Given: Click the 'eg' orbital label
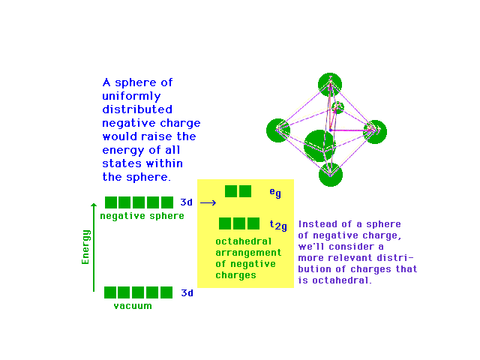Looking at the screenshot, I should click(275, 193).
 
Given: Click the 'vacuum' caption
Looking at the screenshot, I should click(133, 306).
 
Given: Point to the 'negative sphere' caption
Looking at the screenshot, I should click(142, 216).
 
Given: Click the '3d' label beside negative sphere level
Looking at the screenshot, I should click(187, 202).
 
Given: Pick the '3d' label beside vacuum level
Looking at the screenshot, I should click(187, 293).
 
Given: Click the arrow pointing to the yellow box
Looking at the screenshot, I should click(208, 202).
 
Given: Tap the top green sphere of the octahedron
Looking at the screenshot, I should click(329, 83).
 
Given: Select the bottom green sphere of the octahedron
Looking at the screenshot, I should click(330, 174).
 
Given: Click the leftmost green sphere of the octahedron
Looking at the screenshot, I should click(277, 130).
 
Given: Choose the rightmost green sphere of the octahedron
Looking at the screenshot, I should click(374, 131).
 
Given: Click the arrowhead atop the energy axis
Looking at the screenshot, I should click(94, 202).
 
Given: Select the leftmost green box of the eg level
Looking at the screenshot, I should click(232, 191).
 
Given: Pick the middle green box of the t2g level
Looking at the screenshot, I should click(239, 223).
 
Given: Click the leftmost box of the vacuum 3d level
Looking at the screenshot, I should click(110, 292).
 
